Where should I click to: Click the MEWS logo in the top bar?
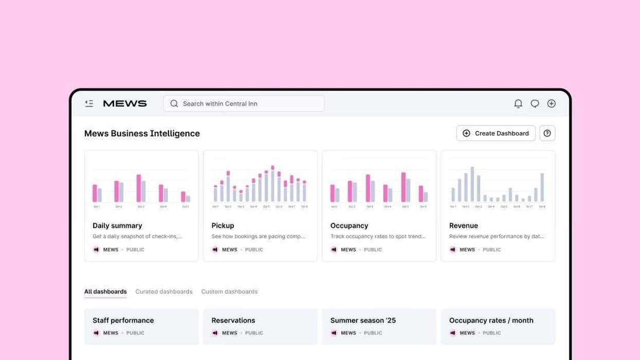(125, 103)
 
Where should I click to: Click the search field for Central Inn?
(244, 103)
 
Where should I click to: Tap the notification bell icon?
(518, 103)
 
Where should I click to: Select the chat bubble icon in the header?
(535, 103)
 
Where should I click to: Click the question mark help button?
(547, 133)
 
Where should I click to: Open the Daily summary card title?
(117, 225)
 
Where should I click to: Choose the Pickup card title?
(223, 225)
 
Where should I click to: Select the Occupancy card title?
(349, 225)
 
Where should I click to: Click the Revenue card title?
(463, 225)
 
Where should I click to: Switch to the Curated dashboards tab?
(163, 292)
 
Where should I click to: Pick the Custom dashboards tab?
(229, 292)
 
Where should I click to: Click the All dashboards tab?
(105, 292)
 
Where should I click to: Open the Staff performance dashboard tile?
(141, 326)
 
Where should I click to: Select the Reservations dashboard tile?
(260, 326)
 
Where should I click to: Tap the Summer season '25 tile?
(379, 326)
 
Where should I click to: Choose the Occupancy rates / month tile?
(498, 326)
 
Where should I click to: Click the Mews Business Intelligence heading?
(142, 133)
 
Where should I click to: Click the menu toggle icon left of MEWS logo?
(89, 103)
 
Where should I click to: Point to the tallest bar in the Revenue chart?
(472, 184)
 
